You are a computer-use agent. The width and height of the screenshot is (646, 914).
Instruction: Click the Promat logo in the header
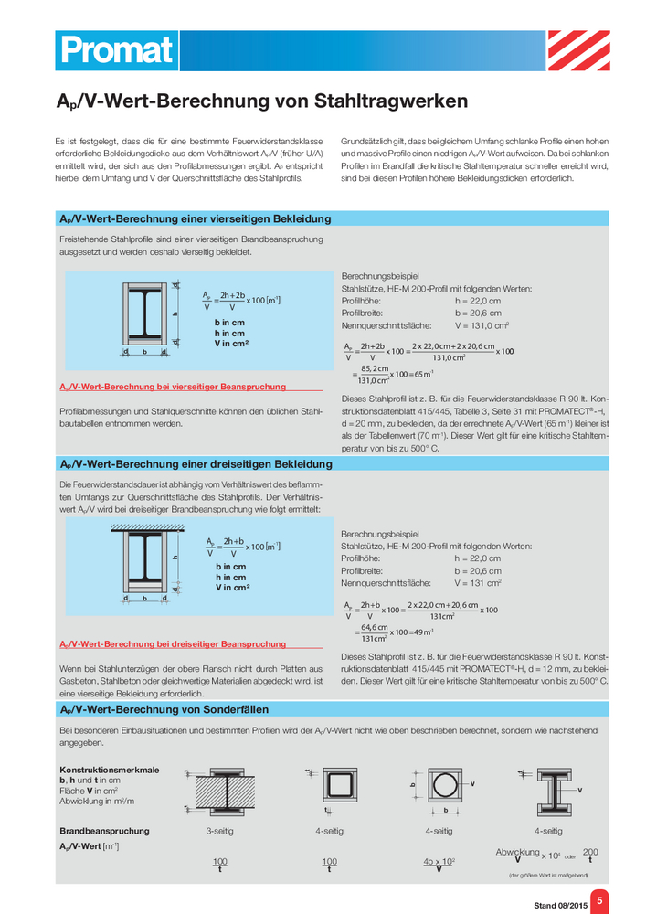pos(114,50)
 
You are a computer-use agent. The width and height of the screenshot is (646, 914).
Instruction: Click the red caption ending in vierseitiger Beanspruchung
pos(172,387)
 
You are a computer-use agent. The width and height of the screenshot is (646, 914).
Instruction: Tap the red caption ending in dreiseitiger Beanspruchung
pos(172,643)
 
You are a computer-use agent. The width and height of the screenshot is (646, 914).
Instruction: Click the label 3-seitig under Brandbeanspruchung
pos(219,831)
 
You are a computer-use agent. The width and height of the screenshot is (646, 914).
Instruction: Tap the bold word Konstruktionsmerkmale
pos(109,770)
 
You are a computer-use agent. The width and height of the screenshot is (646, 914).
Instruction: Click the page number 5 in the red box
pos(599,900)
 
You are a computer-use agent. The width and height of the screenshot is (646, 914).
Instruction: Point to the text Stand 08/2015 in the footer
pos(557,906)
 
